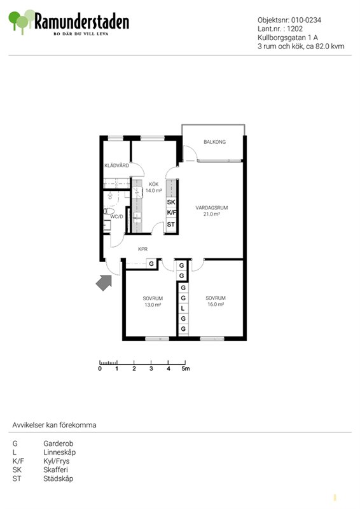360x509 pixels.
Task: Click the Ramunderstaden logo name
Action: pyautogui.click(x=81, y=22)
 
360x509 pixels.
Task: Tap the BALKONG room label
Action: pyautogui.click(x=214, y=142)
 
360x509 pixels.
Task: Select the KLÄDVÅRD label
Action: pyautogui.click(x=116, y=165)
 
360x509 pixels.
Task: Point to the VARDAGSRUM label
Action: pyautogui.click(x=212, y=208)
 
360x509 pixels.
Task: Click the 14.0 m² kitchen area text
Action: pyautogui.click(x=153, y=191)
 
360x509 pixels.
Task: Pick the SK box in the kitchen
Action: pyautogui.click(x=171, y=202)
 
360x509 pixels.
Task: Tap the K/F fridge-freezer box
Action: pyautogui.click(x=171, y=213)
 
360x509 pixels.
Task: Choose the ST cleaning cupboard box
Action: pyautogui.click(x=171, y=225)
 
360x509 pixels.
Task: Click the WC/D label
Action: pyautogui.click(x=117, y=216)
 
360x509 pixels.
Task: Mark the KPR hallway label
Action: pyautogui.click(x=143, y=249)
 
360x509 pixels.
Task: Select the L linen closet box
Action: pyautogui.click(x=183, y=309)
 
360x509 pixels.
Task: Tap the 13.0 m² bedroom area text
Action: pyautogui.click(x=153, y=305)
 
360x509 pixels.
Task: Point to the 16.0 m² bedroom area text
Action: pyautogui.click(x=216, y=305)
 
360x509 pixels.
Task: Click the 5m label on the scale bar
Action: pyautogui.click(x=186, y=369)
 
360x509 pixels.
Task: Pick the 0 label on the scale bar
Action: pyautogui.click(x=100, y=369)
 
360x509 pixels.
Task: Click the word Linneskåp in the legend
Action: pyautogui.click(x=60, y=452)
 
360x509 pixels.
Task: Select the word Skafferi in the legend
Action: pyautogui.click(x=56, y=470)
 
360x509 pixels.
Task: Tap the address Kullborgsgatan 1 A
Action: pyautogui.click(x=287, y=38)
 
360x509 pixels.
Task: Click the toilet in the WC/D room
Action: pyautogui.click(x=109, y=211)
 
